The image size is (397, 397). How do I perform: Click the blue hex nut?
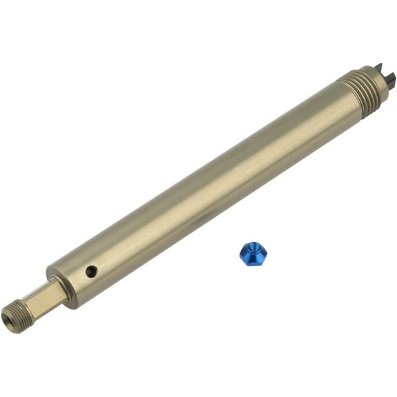coord(253,254)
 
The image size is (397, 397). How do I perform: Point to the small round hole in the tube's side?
coord(91,272)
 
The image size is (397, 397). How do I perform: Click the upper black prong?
coord(379,67)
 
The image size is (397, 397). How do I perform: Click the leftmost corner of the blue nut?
coord(240,254)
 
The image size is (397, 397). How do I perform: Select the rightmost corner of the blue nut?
coord(267,252)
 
